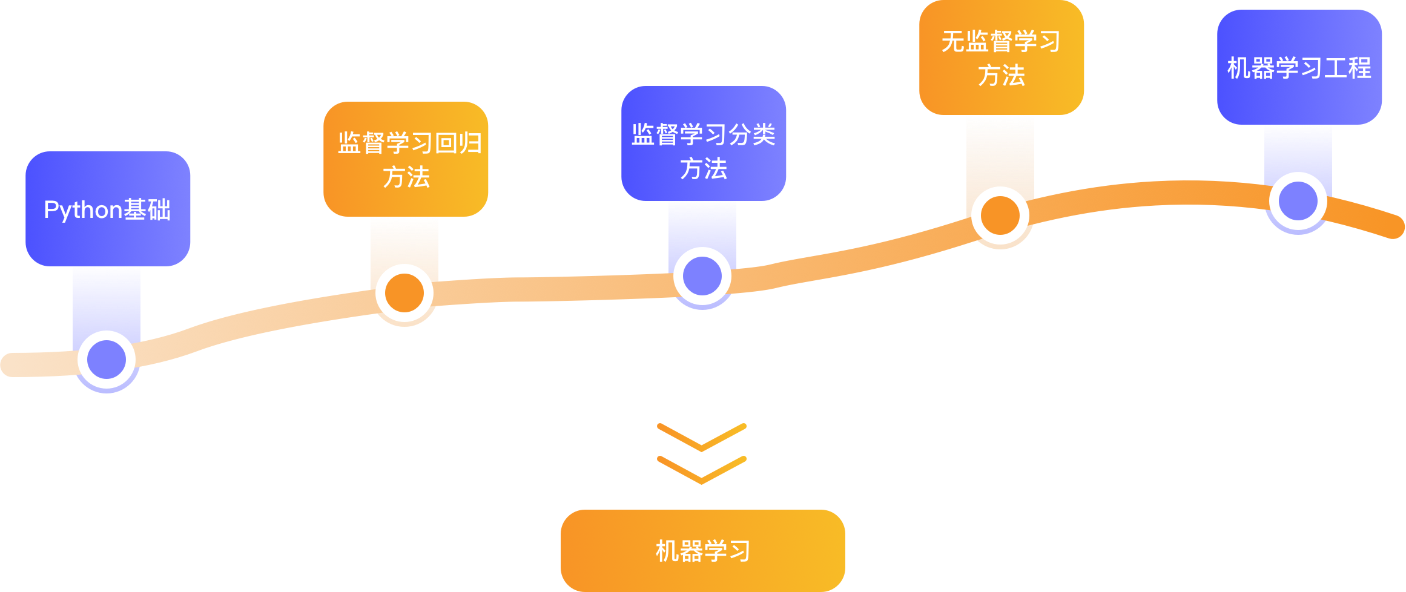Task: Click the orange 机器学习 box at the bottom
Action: (x=702, y=551)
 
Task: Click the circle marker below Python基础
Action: (x=107, y=360)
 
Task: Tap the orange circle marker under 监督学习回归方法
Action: (x=404, y=293)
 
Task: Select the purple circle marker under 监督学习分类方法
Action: (x=702, y=276)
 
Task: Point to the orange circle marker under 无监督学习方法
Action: (x=1000, y=215)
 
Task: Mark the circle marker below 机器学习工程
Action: (x=1298, y=201)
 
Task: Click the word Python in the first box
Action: (x=83, y=210)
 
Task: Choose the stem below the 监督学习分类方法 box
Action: (x=702, y=224)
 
